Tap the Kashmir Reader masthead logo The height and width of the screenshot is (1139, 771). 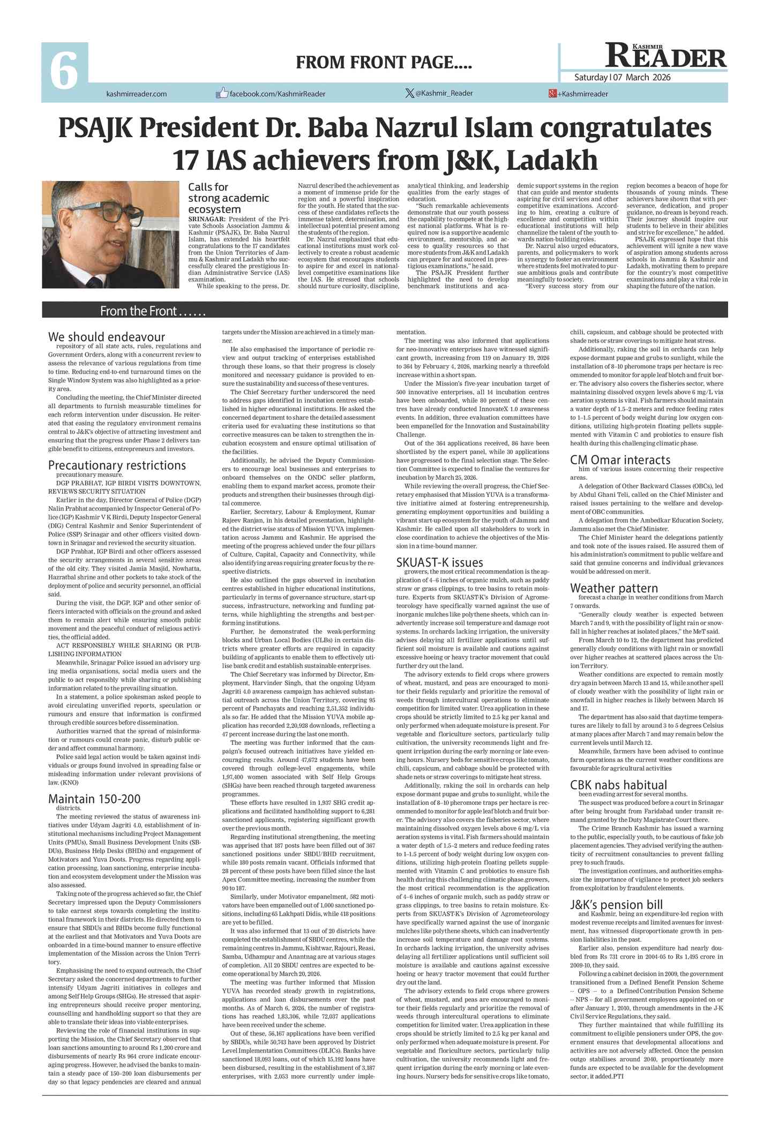[x=665, y=56]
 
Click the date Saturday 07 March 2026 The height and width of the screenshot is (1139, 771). [x=622, y=77]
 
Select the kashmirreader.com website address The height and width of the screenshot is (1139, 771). [x=137, y=94]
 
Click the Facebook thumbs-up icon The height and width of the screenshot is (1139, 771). [x=222, y=93]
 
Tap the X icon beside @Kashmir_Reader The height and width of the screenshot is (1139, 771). [x=410, y=93]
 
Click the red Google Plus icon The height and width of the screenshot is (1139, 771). [x=552, y=94]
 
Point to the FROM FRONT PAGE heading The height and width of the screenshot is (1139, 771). [x=384, y=63]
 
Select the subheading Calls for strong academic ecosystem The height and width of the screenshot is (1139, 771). [x=221, y=198]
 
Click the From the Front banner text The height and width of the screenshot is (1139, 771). [x=153, y=311]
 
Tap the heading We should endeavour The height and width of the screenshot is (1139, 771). [x=107, y=337]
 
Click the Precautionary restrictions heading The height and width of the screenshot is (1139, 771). [x=117, y=465]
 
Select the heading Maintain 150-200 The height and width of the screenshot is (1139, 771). [x=94, y=798]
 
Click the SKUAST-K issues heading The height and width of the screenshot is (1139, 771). [x=439, y=562]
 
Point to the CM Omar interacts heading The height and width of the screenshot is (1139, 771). [x=620, y=460]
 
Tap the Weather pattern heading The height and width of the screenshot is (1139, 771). [x=613, y=588]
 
